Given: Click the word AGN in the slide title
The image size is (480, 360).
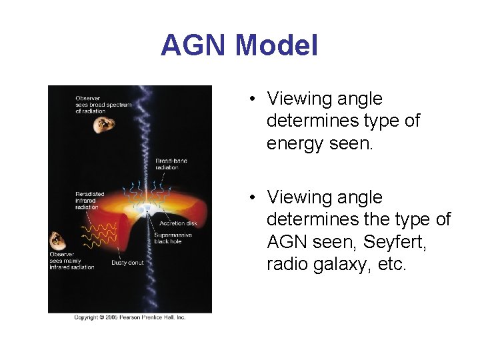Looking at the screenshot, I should tap(194, 45).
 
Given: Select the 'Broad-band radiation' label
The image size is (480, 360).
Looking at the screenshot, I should tap(167, 164).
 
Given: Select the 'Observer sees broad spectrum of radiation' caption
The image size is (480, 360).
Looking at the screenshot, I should tap(103, 105).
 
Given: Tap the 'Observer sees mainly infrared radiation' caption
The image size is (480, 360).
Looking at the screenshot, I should tap(71, 261).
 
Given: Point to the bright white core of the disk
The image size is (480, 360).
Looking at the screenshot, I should tap(147, 209).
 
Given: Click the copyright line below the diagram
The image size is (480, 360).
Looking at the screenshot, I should tap(129, 317).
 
